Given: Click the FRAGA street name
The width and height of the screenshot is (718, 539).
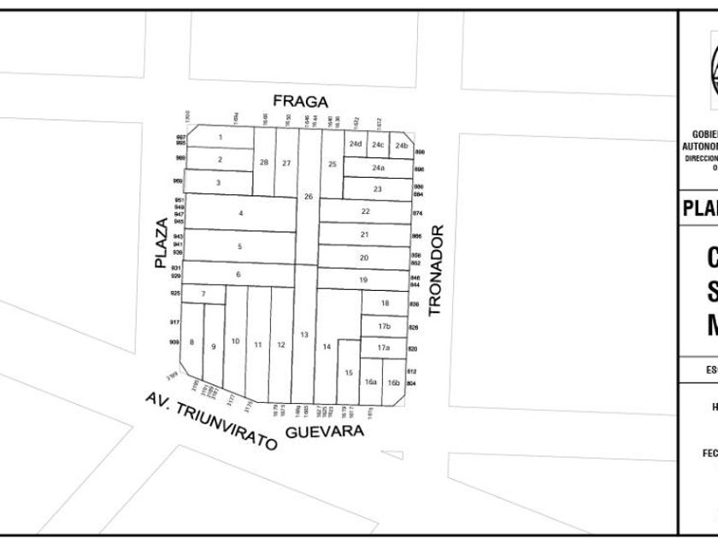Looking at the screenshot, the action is (x=300, y=102).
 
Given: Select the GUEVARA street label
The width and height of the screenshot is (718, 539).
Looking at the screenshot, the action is (x=325, y=431).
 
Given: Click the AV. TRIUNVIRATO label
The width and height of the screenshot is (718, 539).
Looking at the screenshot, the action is (x=212, y=422).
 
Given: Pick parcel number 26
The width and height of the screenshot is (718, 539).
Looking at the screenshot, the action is (x=309, y=197).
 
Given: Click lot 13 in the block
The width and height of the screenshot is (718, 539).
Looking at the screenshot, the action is (x=303, y=334).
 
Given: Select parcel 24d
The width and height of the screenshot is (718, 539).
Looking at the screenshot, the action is (x=356, y=144).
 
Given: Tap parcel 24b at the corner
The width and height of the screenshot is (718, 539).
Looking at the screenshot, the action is (x=402, y=145).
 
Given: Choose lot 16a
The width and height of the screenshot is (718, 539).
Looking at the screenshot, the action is (x=371, y=382).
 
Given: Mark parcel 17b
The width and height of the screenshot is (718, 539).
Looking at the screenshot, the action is (x=385, y=326).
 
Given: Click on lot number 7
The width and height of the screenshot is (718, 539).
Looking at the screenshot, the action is (x=203, y=294).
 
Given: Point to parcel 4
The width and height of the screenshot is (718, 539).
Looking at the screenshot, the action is (x=241, y=212).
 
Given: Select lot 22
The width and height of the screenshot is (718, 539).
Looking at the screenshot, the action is (x=365, y=210).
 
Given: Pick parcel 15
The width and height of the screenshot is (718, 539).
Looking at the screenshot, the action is (x=349, y=372).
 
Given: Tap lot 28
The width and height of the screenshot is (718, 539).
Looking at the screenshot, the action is (x=264, y=163).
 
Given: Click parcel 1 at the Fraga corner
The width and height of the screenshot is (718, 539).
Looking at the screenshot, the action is (x=220, y=137).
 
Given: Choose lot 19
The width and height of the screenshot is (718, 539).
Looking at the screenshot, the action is (x=363, y=280).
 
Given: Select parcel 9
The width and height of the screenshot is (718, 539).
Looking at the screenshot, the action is (x=213, y=346).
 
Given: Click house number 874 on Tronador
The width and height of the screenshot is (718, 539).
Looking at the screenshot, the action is (x=418, y=213).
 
